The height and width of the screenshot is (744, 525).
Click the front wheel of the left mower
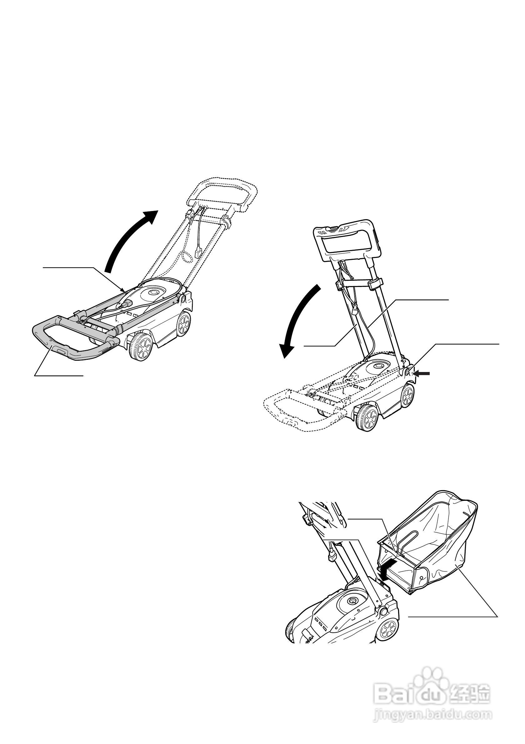coord(141,347)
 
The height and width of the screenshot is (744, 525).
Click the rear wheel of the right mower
coord(407,396)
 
